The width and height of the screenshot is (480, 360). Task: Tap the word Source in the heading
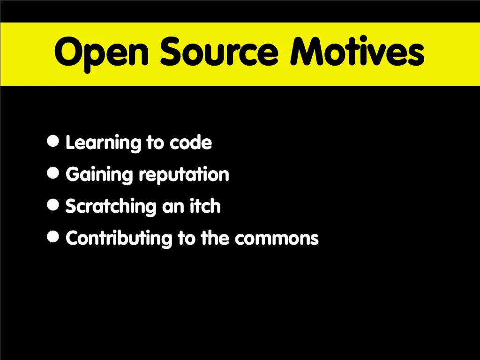click(x=219, y=51)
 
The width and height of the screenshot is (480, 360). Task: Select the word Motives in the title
click(x=357, y=51)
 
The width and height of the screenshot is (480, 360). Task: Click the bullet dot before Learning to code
click(x=53, y=141)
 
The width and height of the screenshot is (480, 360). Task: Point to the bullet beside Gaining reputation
click(x=53, y=172)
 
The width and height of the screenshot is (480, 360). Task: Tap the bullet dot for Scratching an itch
click(x=53, y=204)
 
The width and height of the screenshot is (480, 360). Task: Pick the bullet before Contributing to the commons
click(x=53, y=236)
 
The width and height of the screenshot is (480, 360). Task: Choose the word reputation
click(x=184, y=175)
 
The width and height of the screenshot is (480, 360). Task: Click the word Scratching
click(x=111, y=207)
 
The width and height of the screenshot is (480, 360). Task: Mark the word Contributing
click(x=119, y=239)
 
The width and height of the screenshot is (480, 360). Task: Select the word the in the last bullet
click(x=215, y=237)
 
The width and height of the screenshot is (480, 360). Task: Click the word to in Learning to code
click(x=155, y=143)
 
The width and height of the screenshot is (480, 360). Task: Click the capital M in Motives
click(x=307, y=51)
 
